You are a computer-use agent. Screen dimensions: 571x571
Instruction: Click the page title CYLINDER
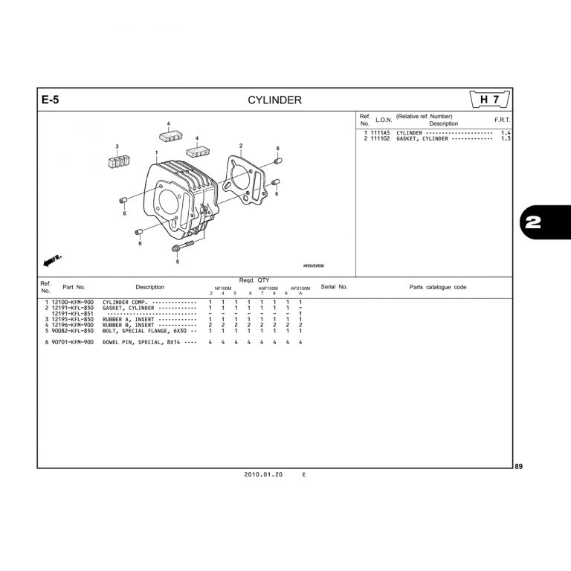click(x=274, y=100)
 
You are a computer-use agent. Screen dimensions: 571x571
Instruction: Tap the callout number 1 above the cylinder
click(x=157, y=152)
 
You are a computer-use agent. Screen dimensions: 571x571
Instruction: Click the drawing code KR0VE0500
click(x=314, y=265)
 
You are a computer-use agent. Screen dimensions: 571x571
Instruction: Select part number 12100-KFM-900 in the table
click(x=73, y=303)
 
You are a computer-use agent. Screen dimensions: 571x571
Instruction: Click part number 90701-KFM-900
click(x=73, y=341)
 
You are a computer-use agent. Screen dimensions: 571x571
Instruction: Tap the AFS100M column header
click(x=300, y=288)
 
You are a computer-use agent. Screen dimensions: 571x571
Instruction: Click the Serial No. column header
click(x=334, y=287)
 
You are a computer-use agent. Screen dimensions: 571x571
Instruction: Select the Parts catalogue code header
click(x=438, y=287)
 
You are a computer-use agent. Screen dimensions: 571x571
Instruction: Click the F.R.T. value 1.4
click(x=506, y=132)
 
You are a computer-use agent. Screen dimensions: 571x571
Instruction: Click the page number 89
click(x=519, y=466)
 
